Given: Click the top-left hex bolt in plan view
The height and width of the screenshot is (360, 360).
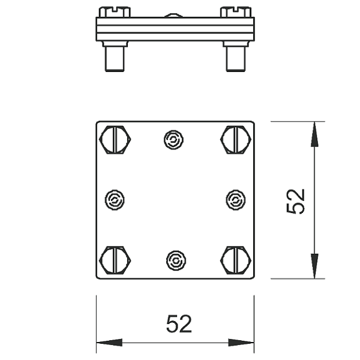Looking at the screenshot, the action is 115,140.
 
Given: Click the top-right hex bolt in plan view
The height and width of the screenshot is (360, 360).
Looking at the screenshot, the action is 236,140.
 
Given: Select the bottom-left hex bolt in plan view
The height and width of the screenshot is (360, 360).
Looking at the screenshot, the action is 115,260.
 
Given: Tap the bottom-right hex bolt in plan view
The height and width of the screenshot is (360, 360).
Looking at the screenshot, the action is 236,260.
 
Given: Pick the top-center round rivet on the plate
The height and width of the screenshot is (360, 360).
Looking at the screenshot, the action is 173,140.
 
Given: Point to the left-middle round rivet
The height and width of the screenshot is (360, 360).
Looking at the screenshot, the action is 115,200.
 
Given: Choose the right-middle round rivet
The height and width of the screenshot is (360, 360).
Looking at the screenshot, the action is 236,200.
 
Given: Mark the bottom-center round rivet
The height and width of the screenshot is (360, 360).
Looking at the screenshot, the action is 176,260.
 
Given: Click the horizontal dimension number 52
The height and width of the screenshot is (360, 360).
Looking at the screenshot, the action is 179,324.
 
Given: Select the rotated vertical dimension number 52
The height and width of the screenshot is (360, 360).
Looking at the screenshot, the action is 296,202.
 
